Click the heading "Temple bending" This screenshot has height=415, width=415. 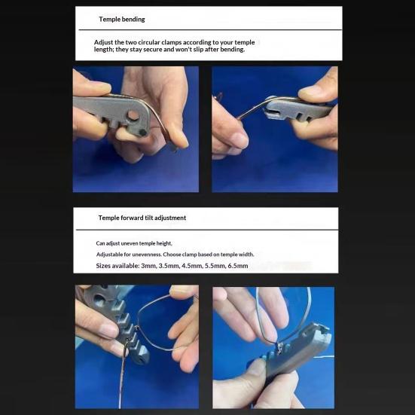tap(122, 20)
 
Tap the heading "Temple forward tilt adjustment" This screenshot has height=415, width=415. tap(142, 218)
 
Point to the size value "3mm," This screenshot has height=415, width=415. tap(148, 266)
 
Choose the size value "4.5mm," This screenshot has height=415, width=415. tap(191, 266)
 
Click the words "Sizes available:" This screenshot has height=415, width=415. tap(117, 266)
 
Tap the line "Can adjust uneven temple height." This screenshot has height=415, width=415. tap(134, 243)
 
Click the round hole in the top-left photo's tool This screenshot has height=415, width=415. tap(133, 115)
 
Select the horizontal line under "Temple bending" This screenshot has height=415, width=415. tap(210, 30)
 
